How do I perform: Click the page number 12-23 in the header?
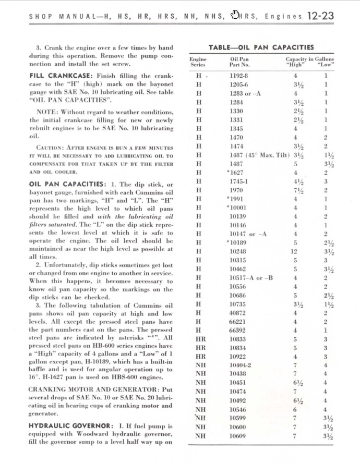point(320,16)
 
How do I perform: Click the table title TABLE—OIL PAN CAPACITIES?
point(261,47)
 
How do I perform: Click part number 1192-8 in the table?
point(239,76)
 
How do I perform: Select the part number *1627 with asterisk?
point(236,173)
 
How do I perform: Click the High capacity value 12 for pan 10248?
point(294,252)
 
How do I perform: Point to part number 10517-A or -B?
point(251,278)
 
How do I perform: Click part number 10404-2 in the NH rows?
point(241,365)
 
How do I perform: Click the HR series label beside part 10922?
point(200,357)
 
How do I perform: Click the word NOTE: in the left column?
point(47,112)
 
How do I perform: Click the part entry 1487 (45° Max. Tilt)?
point(259,155)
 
